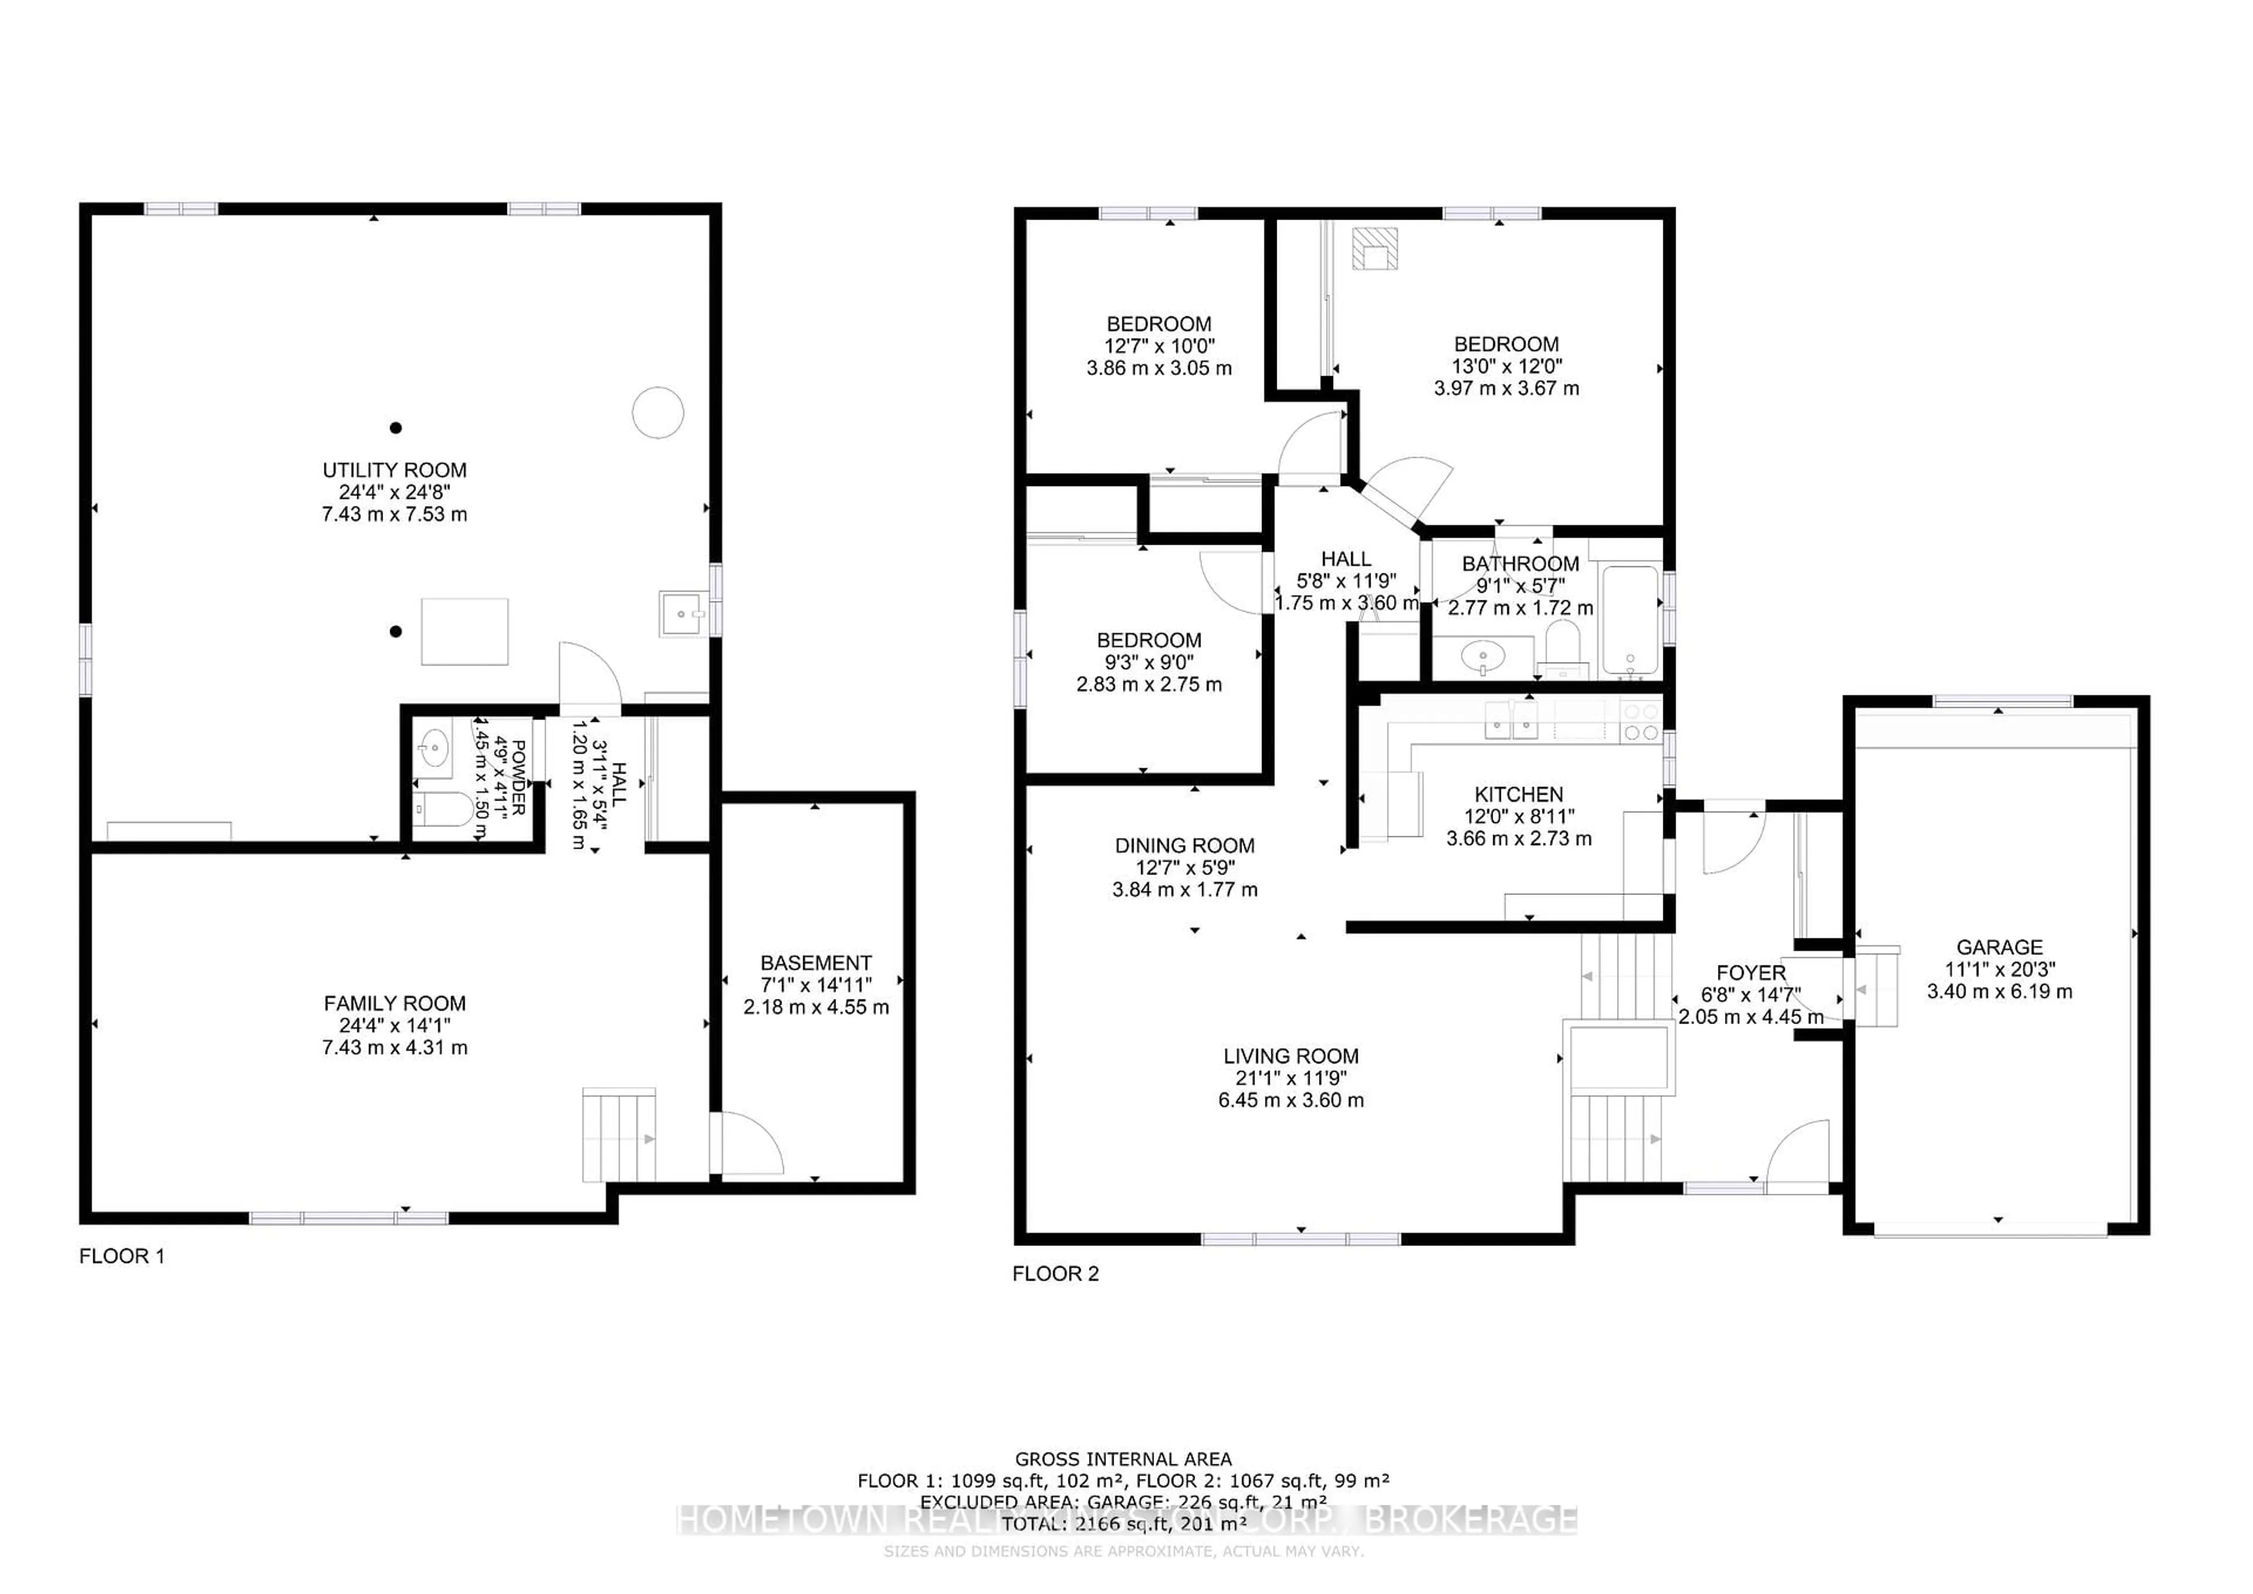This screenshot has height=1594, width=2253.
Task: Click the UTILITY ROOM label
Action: point(394,470)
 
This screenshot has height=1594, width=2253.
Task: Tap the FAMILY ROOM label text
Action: point(394,1003)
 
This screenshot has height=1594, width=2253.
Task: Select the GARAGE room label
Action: point(1999,947)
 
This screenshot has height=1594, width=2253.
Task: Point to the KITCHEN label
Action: point(1518,795)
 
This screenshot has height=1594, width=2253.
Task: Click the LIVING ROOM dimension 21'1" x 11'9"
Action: point(1290,1078)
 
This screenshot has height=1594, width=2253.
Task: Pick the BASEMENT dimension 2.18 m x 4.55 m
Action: point(816,1007)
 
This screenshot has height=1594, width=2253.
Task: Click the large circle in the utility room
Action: point(658,412)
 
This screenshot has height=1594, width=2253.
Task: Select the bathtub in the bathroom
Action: point(1630,620)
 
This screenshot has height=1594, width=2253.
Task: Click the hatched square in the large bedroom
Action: point(1374,248)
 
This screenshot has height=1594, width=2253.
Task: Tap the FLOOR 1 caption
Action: point(121,1257)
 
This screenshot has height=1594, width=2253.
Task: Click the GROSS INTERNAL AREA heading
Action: point(1122,1460)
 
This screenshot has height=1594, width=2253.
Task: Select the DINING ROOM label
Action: point(1185,846)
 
